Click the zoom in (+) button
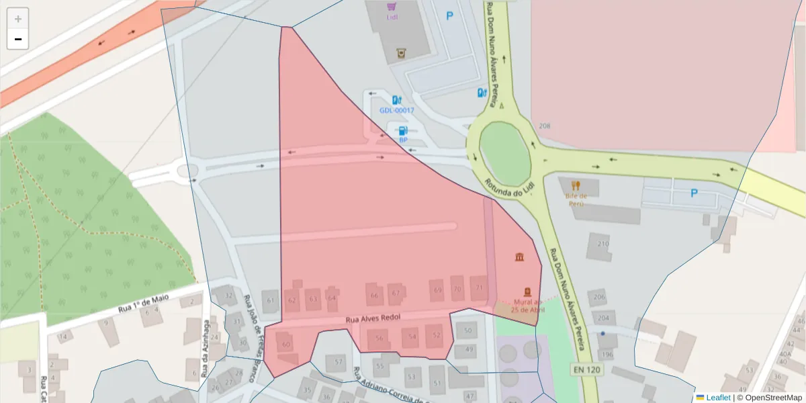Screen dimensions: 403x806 coord(18,19)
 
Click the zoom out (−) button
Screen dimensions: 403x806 coord(18,39)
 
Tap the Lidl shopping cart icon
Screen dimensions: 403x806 coord(392,7)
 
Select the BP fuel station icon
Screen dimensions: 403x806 coord(403,131)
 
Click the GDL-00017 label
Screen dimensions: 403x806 coord(397,110)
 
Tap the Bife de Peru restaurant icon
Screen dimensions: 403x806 coord(575,185)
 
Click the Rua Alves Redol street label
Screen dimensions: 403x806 coord(373,320)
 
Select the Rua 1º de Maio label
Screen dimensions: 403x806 coord(142,303)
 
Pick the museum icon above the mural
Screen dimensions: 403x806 coord(519,257)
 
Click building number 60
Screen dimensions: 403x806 coord(287,345)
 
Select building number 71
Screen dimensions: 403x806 coord(479,287)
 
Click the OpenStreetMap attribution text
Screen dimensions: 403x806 coord(770,398)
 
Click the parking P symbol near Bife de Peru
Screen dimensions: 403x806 coord(694,193)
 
